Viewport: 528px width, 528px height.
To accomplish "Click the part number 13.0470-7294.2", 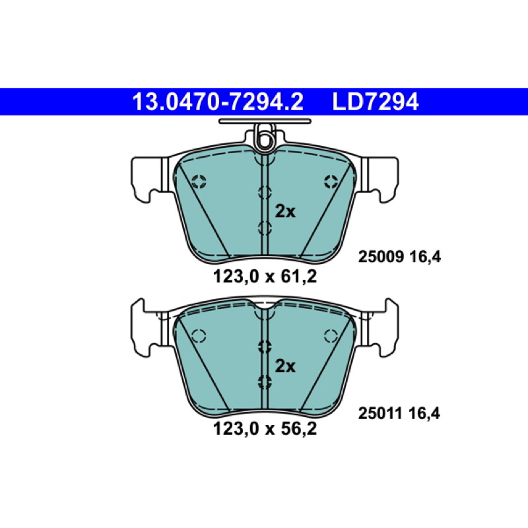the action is tap(218, 102).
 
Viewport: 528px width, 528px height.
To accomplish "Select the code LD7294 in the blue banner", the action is tap(376, 102).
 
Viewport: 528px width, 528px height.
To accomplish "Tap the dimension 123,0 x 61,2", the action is tap(265, 277).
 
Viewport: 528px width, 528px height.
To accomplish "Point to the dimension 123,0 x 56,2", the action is tap(265, 429).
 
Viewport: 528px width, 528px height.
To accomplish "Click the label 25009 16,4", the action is tap(399, 257).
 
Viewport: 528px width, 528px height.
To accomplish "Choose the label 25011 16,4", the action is tap(399, 413).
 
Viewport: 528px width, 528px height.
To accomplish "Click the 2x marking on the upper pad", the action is tap(285, 212).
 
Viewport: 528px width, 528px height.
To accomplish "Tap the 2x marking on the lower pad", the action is tap(285, 366).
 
